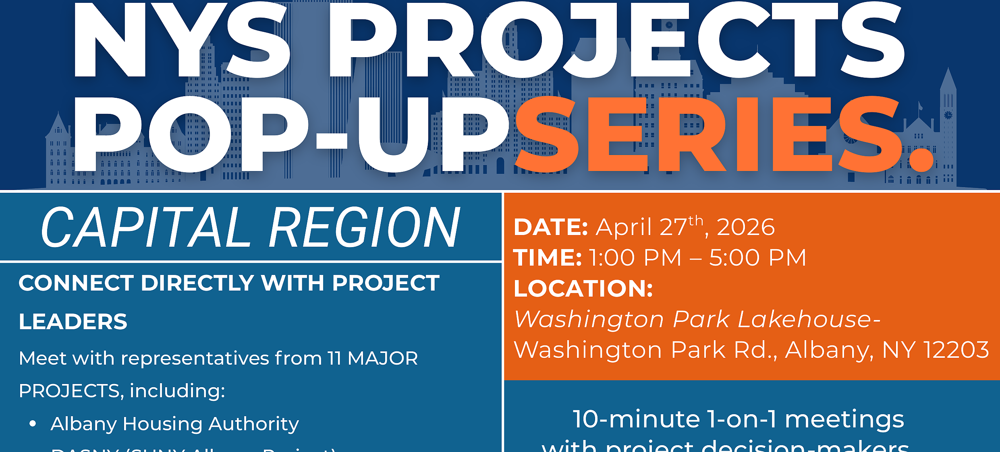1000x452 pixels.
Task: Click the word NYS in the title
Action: tap(181, 40)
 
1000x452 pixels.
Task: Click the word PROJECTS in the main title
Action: tap(616, 40)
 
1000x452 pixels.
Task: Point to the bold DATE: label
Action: tap(551, 227)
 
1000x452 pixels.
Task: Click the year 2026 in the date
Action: tap(745, 227)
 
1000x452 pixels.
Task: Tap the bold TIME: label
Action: tap(548, 258)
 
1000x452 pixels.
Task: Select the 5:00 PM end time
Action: tap(757, 258)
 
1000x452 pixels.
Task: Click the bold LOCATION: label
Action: tap(583, 289)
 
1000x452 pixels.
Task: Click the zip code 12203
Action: tap(956, 350)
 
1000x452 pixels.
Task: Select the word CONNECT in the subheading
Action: tap(76, 283)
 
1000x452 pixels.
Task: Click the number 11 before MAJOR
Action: tap(334, 358)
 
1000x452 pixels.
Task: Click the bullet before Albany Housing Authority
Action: tap(33, 424)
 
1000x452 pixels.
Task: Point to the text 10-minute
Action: tap(637, 419)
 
